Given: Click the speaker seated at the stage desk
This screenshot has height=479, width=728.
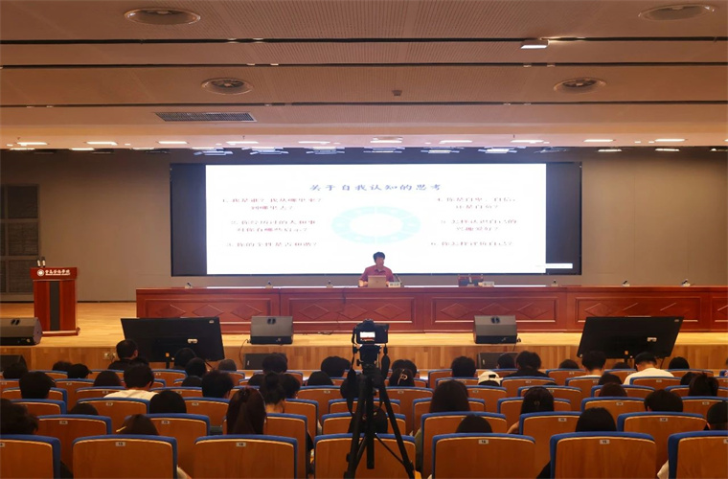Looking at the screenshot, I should [377, 269].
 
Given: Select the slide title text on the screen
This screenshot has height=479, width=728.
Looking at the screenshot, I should [375, 186].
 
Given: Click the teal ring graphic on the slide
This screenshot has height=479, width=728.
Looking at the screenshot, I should [375, 225].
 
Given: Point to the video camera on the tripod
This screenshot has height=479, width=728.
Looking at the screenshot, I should [369, 336].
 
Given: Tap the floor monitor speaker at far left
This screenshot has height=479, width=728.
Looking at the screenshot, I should [20, 331].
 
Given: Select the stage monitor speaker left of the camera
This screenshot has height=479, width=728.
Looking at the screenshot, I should [271, 329].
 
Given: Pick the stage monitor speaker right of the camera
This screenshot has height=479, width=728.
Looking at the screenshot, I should [495, 329].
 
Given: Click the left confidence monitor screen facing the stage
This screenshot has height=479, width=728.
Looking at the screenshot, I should [173, 338].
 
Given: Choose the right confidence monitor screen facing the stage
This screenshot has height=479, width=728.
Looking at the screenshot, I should [629, 336].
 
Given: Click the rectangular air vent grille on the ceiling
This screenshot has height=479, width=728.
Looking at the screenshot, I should [205, 117].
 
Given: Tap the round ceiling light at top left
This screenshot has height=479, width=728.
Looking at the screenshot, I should [162, 16].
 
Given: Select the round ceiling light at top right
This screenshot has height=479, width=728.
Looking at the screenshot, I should [676, 12].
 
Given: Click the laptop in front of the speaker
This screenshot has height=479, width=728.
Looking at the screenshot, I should [377, 282].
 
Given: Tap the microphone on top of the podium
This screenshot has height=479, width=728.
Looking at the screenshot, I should [40, 261].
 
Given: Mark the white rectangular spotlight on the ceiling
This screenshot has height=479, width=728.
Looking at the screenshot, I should [534, 43].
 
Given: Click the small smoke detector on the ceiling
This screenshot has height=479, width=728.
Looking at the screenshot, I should [397, 93].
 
